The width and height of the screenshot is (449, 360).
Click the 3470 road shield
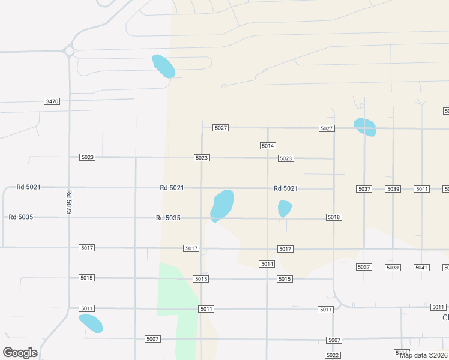click(x=52, y=101)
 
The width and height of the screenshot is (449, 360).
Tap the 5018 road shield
click(x=334, y=217)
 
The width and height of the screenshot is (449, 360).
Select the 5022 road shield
click(x=333, y=355)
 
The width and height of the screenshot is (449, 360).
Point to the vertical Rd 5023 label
click(x=69, y=202)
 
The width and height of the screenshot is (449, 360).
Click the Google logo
click(x=20, y=353)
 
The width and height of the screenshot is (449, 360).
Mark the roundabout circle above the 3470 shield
click(x=69, y=52)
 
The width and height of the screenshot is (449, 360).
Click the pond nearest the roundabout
click(x=163, y=66)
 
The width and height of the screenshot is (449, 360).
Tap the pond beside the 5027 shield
click(x=365, y=127)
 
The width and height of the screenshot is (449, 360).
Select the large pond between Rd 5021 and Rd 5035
click(x=222, y=204)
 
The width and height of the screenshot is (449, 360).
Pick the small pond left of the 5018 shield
click(x=285, y=208)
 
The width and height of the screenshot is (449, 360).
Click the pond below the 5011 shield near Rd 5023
click(x=91, y=323)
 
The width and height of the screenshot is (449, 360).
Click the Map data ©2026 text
click(x=423, y=355)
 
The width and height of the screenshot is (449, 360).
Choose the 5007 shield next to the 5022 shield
click(x=334, y=340)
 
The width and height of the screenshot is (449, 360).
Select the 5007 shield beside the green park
click(x=152, y=339)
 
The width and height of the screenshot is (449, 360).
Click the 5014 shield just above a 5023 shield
click(x=268, y=146)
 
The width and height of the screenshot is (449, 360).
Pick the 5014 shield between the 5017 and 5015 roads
click(x=267, y=264)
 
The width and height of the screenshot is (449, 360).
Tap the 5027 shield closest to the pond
click(x=327, y=128)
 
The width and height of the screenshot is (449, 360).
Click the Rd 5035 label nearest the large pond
click(x=168, y=218)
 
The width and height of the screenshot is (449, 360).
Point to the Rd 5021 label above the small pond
click(x=286, y=188)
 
